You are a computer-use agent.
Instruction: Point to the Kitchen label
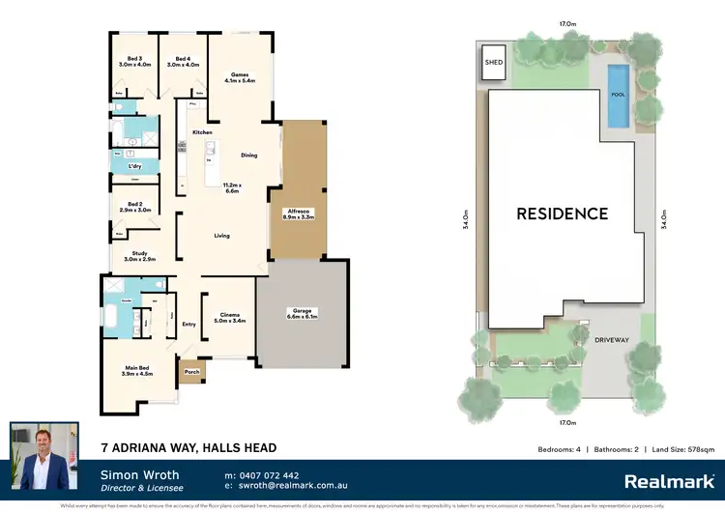(x=202, y=131)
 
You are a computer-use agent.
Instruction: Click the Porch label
(x=192, y=370)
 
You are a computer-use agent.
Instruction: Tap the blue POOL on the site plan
(x=617, y=96)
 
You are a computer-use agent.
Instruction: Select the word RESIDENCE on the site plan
(x=561, y=213)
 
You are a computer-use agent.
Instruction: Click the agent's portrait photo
(x=44, y=455)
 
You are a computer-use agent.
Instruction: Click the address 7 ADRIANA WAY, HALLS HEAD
(x=188, y=448)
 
